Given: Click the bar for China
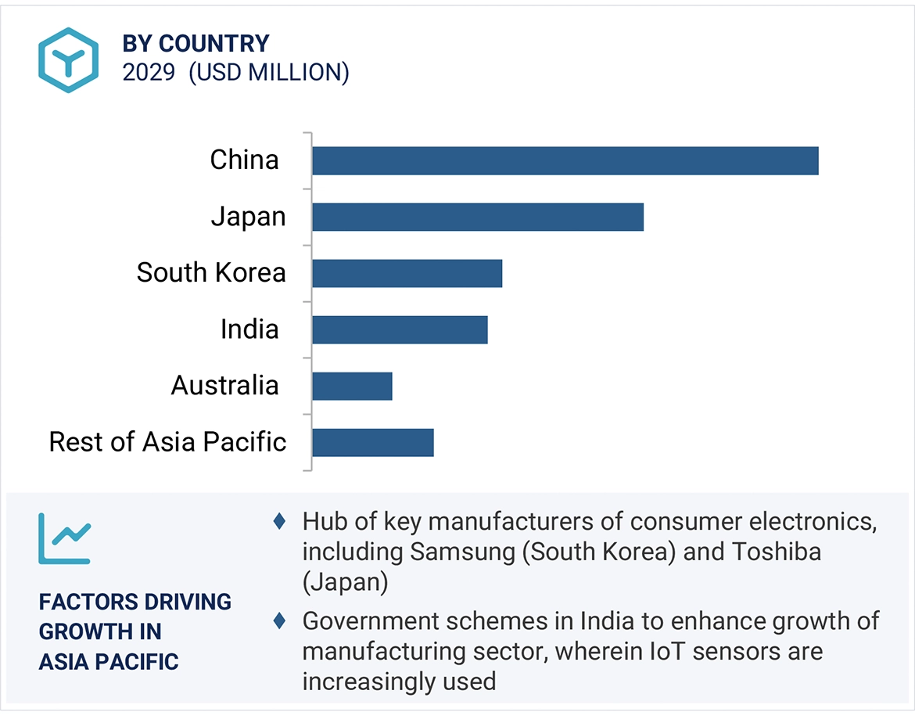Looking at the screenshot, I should click(565, 160).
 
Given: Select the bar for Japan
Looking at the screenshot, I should click(477, 217).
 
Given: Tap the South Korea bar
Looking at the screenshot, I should click(407, 273).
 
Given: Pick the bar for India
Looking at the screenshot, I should click(400, 329).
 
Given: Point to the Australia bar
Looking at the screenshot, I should click(352, 386).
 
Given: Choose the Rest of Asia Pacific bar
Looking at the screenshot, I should click(372, 442).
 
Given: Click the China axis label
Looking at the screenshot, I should click(244, 160).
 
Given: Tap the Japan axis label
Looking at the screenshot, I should click(248, 217).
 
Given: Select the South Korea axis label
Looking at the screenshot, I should click(211, 273).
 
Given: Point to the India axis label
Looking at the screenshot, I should click(249, 329).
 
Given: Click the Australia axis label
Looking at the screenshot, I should click(224, 386).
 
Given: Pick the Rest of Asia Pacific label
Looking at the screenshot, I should click(167, 442).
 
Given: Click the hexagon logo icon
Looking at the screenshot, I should click(69, 60).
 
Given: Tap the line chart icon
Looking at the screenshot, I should click(64, 539).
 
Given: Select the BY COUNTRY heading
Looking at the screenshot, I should click(196, 43).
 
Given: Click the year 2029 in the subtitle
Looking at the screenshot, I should click(149, 73).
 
